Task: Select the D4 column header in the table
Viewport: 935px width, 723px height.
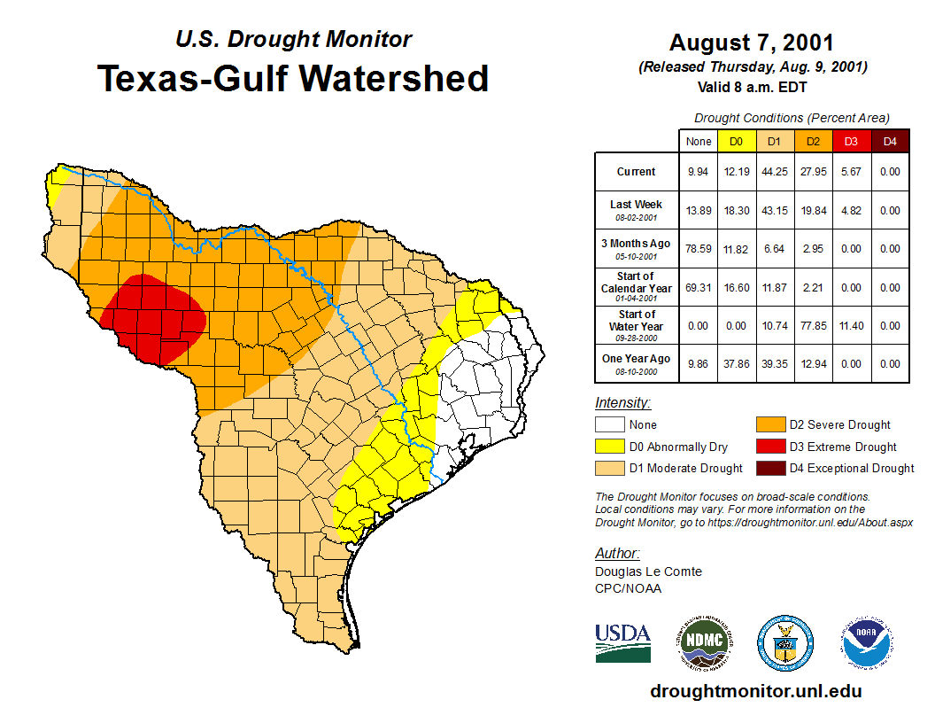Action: [x=890, y=141]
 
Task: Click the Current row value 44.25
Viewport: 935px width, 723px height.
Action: [x=773, y=172]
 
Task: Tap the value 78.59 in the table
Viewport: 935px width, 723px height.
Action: [x=698, y=249]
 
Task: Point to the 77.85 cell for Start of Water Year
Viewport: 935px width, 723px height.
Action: [x=812, y=326]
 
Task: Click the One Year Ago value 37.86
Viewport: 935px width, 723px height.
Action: [x=735, y=363]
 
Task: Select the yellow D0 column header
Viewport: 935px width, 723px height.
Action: [x=735, y=141]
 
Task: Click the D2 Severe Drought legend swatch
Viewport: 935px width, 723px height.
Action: [x=769, y=425]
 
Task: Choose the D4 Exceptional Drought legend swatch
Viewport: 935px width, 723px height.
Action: [x=769, y=468]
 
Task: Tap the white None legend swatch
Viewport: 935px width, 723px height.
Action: [x=610, y=425]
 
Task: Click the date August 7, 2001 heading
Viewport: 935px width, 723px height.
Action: [x=752, y=43]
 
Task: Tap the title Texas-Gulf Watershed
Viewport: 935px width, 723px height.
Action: [x=292, y=78]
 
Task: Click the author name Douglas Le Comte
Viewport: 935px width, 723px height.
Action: [x=648, y=571]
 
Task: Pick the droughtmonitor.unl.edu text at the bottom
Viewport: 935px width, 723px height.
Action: [x=755, y=691]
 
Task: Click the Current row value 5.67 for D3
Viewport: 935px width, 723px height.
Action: [x=851, y=172]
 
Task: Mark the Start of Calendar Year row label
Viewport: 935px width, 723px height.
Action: [x=636, y=287]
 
